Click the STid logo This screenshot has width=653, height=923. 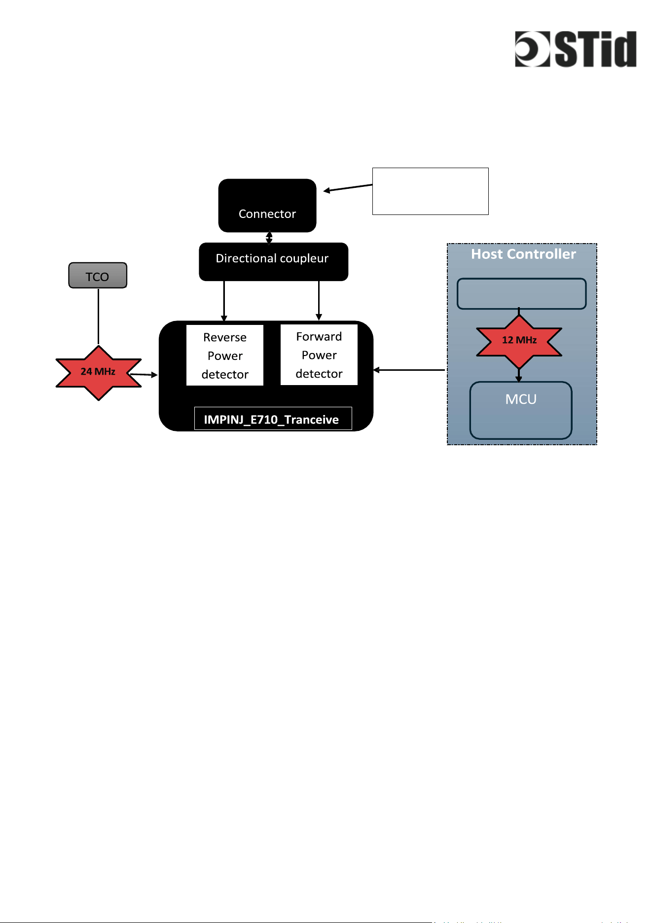click(x=576, y=49)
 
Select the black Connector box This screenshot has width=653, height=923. click(x=267, y=205)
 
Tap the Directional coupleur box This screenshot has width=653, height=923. click(x=273, y=261)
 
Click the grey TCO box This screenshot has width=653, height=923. click(x=98, y=275)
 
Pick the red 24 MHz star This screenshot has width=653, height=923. click(x=99, y=373)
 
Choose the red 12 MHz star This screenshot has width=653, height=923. click(x=519, y=341)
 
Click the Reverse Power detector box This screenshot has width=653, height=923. click(x=225, y=355)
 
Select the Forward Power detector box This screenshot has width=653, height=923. click(x=319, y=355)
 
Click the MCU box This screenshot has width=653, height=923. click(x=521, y=410)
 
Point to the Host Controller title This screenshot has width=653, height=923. click(x=523, y=254)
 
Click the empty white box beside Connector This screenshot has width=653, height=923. click(x=430, y=191)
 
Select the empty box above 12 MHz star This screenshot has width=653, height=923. click(x=521, y=294)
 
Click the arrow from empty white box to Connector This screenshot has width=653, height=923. click(x=348, y=188)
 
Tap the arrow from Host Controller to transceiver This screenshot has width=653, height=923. click(x=409, y=370)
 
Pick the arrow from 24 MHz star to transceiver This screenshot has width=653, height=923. click(x=144, y=375)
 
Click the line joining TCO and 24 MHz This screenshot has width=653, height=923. click(x=98, y=316)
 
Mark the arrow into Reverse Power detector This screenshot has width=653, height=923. click(x=224, y=301)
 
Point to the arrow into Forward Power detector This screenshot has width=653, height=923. click(x=319, y=301)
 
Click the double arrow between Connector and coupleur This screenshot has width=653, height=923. click(x=269, y=238)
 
